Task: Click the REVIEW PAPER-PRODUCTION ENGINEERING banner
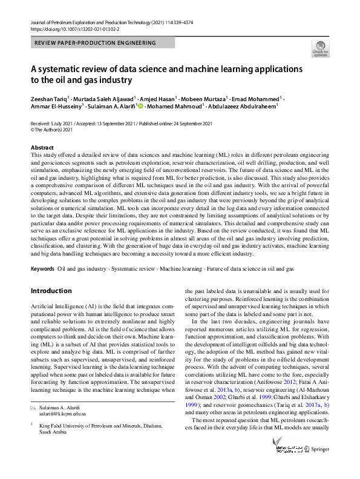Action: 95,43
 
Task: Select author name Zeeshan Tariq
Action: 50,99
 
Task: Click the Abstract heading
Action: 42,148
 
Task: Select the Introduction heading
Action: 50,291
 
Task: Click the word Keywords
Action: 42,268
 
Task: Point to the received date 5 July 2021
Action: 57,124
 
